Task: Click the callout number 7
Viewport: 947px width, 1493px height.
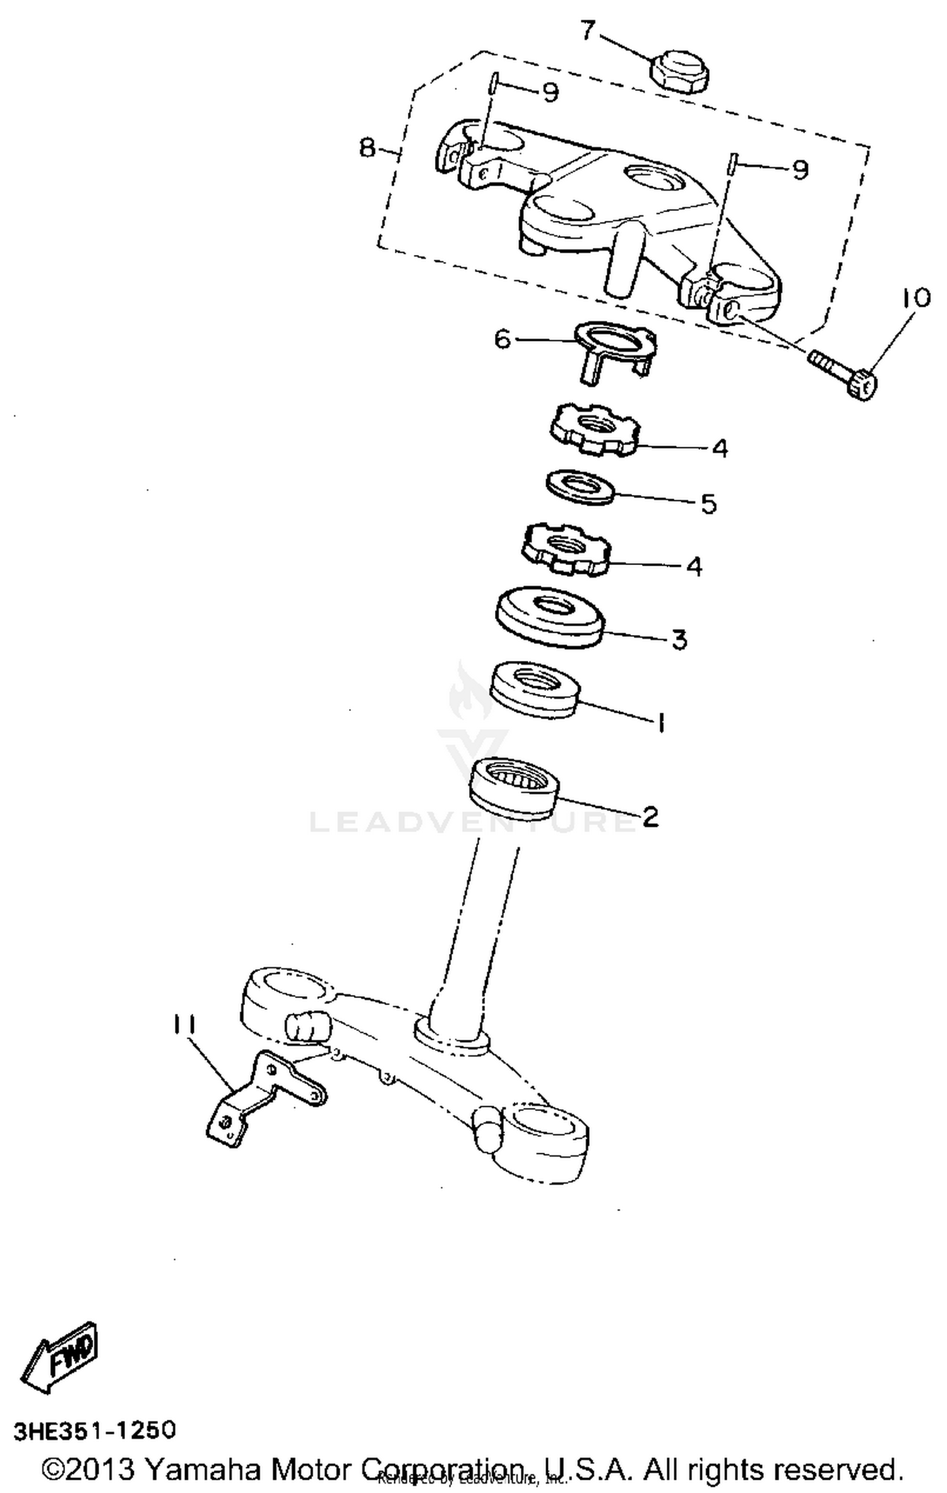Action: tap(588, 30)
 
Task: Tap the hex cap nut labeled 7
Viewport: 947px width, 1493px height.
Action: tap(679, 71)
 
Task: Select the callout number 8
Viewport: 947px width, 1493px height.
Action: tap(367, 149)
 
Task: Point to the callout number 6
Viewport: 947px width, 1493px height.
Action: tap(502, 340)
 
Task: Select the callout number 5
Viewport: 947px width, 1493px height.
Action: tap(709, 504)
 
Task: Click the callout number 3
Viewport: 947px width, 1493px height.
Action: tap(678, 639)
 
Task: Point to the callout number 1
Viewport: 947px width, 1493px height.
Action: tap(660, 722)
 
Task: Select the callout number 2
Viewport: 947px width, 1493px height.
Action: tap(650, 816)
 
